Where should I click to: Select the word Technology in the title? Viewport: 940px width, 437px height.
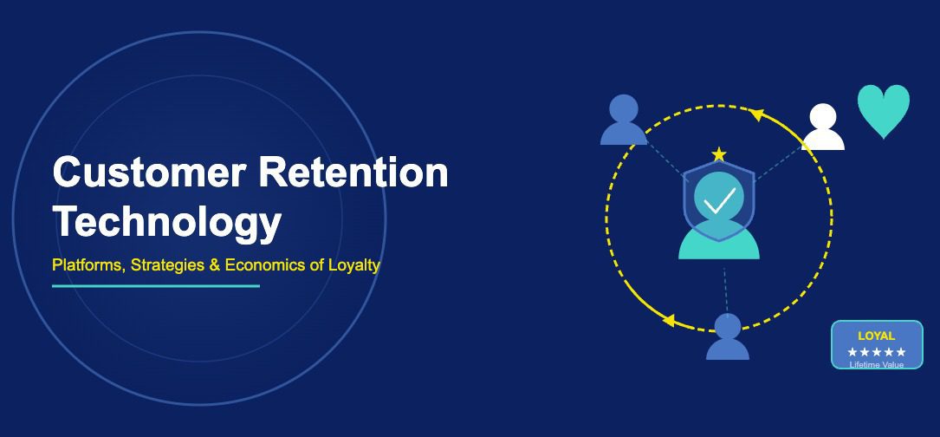(x=167, y=221)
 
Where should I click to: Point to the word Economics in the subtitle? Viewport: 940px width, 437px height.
(x=264, y=264)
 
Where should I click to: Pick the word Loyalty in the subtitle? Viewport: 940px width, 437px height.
(x=353, y=264)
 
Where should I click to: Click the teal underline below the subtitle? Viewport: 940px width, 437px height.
(x=156, y=285)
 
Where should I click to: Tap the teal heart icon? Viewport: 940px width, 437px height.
(x=884, y=110)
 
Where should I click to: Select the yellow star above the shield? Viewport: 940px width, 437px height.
(x=718, y=154)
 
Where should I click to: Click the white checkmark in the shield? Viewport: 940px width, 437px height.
(x=718, y=200)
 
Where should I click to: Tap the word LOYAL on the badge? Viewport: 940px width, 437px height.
(x=876, y=336)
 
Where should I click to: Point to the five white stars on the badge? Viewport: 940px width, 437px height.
(x=876, y=352)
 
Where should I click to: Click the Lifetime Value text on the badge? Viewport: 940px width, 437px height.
(x=876, y=364)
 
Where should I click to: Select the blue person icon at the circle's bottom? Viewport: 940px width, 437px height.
(x=727, y=337)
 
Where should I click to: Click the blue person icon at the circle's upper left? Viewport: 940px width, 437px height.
(x=624, y=120)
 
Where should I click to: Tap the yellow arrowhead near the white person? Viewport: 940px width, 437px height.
(x=755, y=114)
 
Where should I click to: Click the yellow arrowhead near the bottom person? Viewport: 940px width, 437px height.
(x=668, y=320)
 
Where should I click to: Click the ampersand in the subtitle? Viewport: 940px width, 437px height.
(x=215, y=264)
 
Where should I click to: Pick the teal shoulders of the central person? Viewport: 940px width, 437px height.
(x=718, y=245)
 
